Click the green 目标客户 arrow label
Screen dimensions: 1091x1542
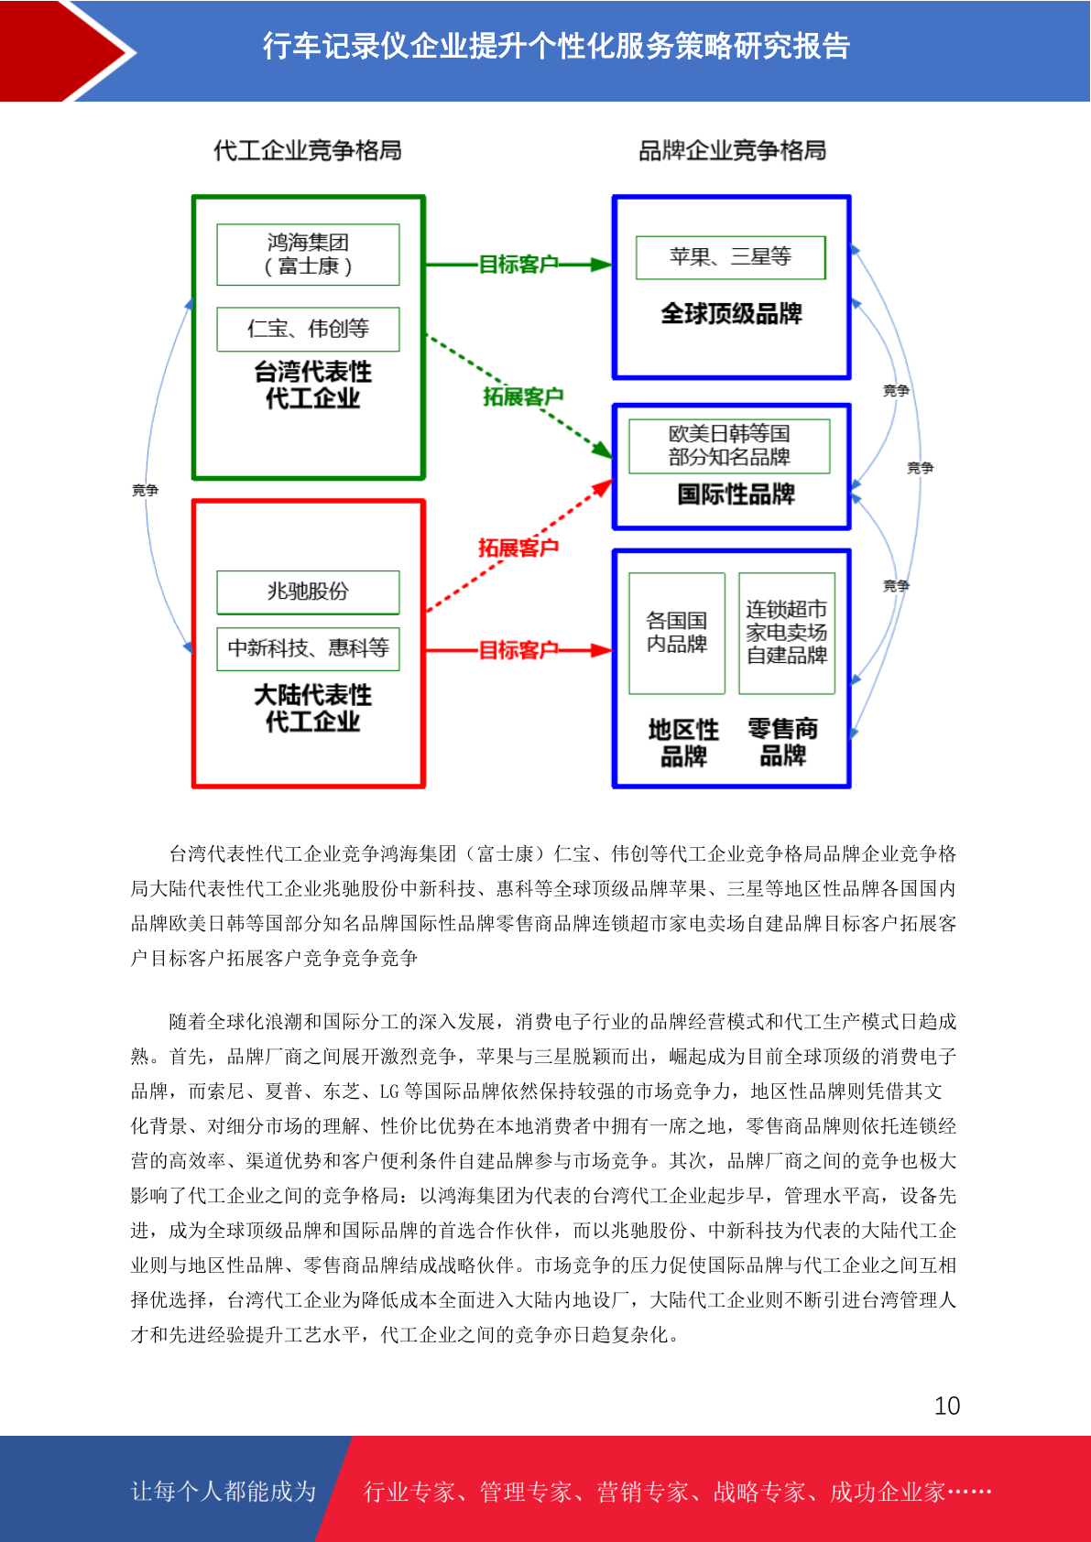[x=518, y=265]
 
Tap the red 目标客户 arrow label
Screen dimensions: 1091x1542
[x=518, y=650]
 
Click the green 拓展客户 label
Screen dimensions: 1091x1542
[x=523, y=396]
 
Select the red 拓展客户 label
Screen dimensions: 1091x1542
[x=518, y=548]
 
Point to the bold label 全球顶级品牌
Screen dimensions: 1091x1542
[x=732, y=314]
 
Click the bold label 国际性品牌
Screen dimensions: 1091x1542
[x=736, y=494]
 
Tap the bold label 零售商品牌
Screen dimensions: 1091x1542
[x=783, y=742]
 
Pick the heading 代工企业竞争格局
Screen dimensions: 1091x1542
[x=307, y=150]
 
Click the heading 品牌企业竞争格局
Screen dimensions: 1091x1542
[x=732, y=150]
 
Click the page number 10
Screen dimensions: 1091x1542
[x=946, y=1406]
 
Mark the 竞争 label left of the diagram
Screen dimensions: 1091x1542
[x=145, y=490]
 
